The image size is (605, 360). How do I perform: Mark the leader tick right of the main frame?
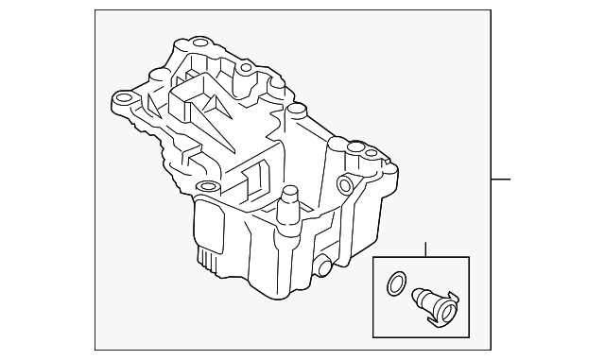pyautogui.click(x=501, y=180)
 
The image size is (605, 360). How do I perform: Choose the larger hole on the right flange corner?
pyautogui.click(x=358, y=147)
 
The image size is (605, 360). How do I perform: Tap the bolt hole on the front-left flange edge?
pyautogui.click(x=202, y=185)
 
